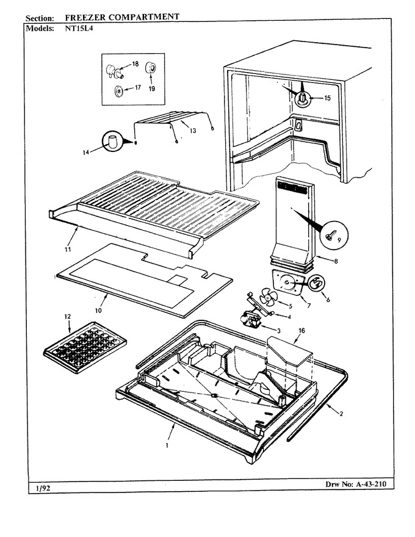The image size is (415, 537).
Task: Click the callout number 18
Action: click(135, 63)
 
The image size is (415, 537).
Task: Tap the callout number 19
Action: click(152, 88)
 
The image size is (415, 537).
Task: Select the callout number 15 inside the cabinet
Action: click(327, 98)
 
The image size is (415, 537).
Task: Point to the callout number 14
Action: click(85, 153)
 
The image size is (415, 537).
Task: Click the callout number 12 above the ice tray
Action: click(68, 317)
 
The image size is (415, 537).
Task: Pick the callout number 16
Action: click(301, 331)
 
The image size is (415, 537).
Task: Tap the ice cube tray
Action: click(85, 347)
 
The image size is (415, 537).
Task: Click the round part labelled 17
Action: click(118, 91)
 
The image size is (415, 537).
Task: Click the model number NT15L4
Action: click(79, 29)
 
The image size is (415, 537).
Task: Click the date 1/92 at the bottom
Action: click(43, 488)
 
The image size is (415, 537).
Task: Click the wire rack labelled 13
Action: click(172, 124)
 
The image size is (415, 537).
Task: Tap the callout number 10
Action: click(98, 311)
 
